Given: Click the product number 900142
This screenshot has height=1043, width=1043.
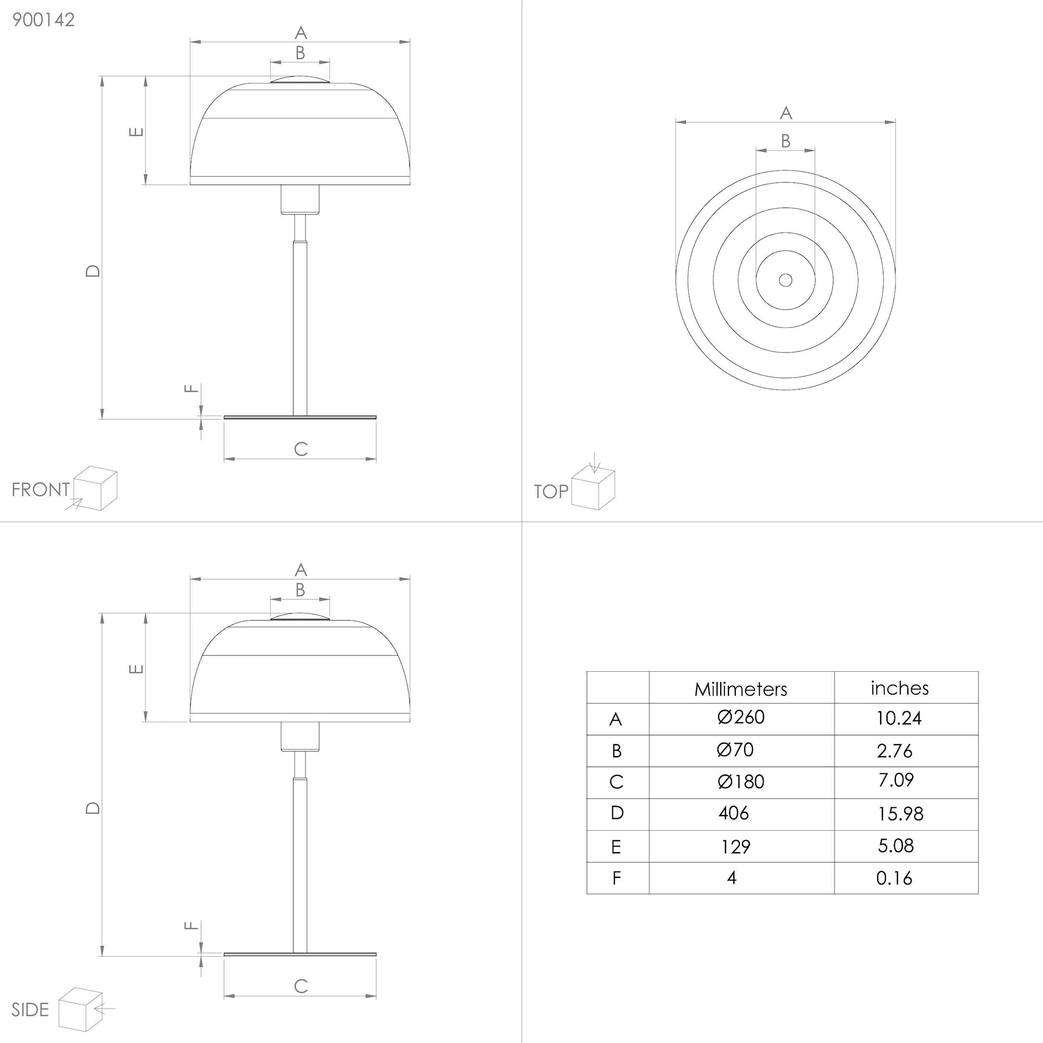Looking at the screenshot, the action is tap(43, 20).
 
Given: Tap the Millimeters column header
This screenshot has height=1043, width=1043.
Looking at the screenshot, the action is tap(740, 689).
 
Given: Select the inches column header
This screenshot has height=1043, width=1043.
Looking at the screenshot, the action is tap(900, 688).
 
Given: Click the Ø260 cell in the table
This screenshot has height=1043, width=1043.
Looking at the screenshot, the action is tap(741, 717).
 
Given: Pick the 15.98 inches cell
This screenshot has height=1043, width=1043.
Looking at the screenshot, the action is tap(901, 814).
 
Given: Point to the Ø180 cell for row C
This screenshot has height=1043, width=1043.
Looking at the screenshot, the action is tap(741, 781).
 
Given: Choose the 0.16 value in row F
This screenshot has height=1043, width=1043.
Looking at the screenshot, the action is tap(894, 878).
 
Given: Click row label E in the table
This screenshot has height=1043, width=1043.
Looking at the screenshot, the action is tap(616, 846).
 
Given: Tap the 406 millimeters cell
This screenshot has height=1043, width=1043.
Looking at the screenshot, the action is tap(734, 813).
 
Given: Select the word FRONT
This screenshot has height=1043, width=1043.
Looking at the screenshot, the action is tap(41, 490).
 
